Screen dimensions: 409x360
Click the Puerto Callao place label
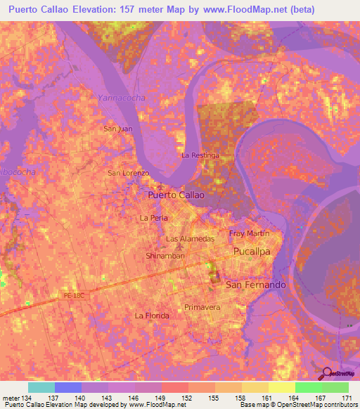(x=176, y=195)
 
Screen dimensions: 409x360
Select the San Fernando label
(x=255, y=285)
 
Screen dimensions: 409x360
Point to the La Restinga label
(x=200, y=155)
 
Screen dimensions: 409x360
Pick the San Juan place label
(x=117, y=129)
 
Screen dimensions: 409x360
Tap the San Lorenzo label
(x=128, y=172)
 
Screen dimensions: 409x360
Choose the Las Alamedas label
(x=190, y=239)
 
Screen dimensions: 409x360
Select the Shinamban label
(x=165, y=256)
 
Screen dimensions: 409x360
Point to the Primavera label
(x=202, y=308)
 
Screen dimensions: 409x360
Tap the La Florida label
(x=152, y=316)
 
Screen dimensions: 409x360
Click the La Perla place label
(x=153, y=218)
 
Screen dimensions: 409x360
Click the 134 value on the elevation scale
(x=27, y=398)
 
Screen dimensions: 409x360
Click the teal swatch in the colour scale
(x=41, y=387)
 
